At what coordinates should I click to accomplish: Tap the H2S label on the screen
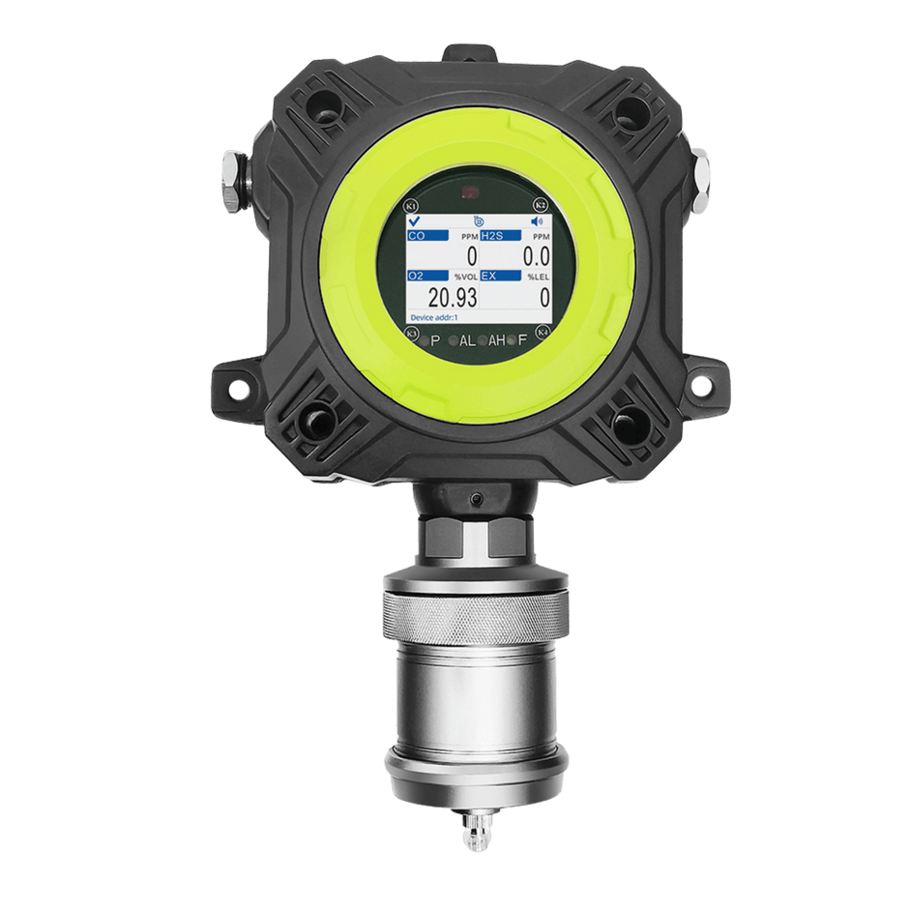(500, 235)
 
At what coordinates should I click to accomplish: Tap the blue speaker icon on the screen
(538, 221)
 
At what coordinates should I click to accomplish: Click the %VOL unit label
(467, 277)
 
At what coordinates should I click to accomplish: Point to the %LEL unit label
(539, 277)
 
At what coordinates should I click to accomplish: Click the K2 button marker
(542, 205)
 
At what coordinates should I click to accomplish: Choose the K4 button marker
(542, 335)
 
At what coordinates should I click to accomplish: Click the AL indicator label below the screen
(467, 340)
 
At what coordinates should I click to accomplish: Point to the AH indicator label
(497, 340)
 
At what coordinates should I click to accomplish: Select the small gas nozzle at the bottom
(476, 832)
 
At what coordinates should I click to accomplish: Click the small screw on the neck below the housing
(476, 497)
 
